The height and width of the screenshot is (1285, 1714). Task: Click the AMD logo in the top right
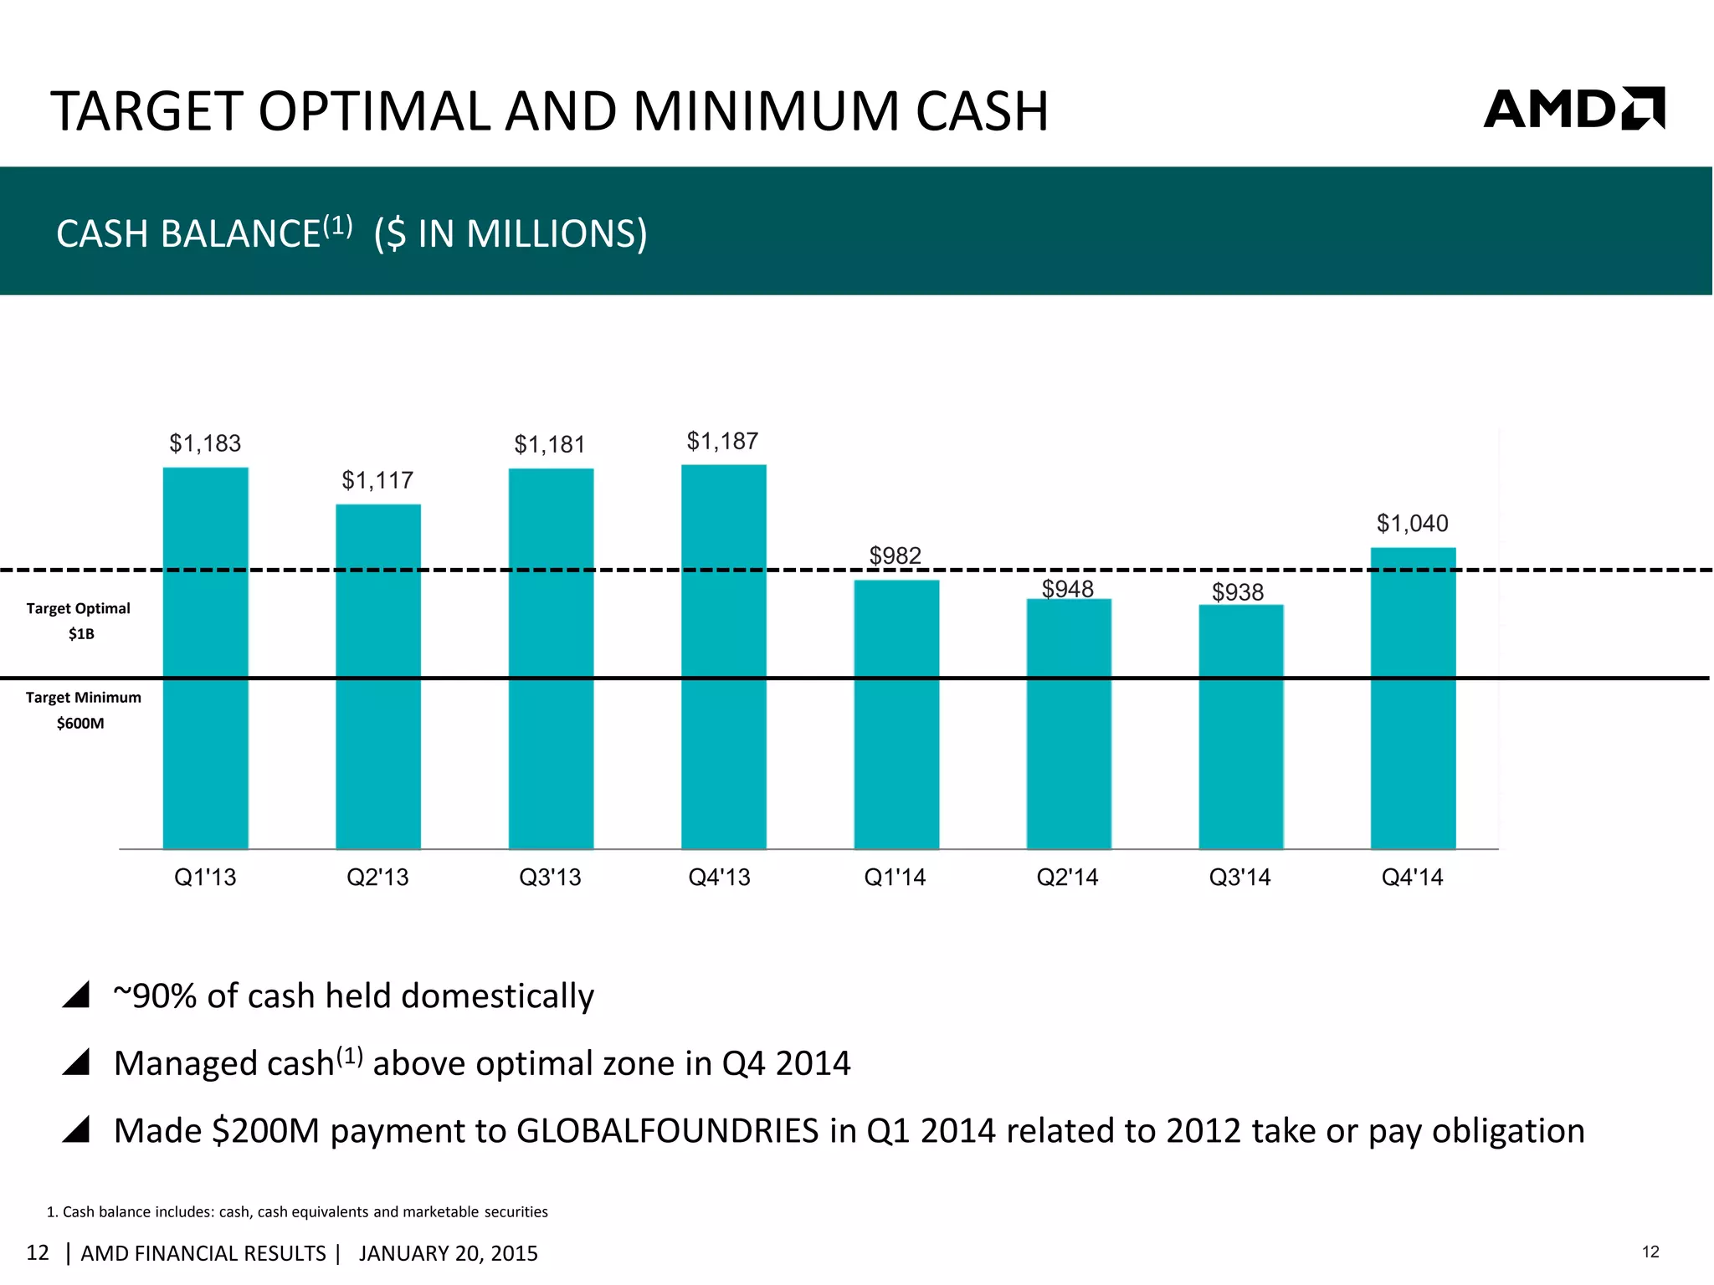[x=1573, y=109]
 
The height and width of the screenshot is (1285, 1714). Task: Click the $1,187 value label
[x=722, y=441]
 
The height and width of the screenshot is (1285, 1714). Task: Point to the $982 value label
[x=895, y=555]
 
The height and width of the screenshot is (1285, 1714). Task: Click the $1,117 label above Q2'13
[x=377, y=480]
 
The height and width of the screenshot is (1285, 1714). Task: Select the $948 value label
[x=1067, y=589]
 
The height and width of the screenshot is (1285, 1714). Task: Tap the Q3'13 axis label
[x=550, y=877]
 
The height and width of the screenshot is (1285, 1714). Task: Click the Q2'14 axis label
[x=1067, y=877]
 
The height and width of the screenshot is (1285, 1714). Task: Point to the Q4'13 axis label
[x=719, y=877]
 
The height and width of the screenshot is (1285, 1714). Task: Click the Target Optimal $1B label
[x=79, y=620]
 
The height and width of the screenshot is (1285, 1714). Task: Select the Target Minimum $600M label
[x=83, y=709]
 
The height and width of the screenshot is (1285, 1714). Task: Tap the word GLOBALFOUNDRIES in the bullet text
[x=667, y=1130]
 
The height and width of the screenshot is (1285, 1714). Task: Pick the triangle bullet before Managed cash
[x=76, y=1062]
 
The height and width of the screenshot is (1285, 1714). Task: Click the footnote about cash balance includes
[x=298, y=1211]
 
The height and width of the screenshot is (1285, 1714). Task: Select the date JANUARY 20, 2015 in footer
[x=448, y=1253]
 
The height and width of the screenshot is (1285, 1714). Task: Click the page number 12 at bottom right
[x=1650, y=1252]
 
